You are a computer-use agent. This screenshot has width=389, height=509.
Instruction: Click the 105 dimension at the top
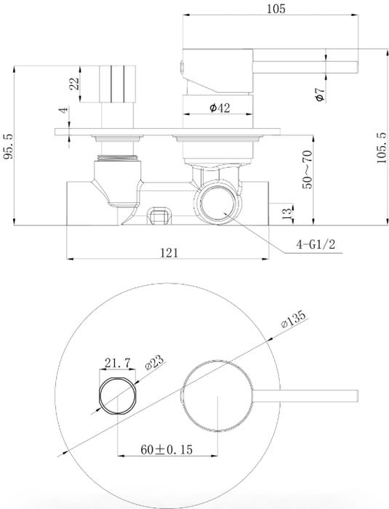276,9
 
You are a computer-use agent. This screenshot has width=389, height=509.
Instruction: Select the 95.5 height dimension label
9,146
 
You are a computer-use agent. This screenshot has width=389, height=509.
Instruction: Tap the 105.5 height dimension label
382,148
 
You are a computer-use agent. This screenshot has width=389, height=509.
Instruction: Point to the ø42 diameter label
220,108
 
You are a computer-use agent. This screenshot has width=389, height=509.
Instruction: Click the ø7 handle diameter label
321,94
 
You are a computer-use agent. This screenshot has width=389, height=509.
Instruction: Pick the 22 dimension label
74,84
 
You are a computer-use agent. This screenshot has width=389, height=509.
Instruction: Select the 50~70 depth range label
307,169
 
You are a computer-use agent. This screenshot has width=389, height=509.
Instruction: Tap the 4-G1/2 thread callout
315,244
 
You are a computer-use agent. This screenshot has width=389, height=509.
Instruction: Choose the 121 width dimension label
169,252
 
